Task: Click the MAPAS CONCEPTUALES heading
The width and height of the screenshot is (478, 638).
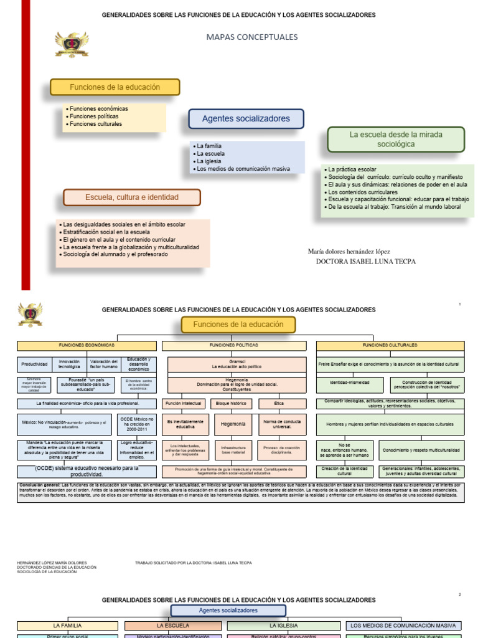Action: (x=252, y=37)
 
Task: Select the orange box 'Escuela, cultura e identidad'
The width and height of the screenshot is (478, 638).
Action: (x=132, y=198)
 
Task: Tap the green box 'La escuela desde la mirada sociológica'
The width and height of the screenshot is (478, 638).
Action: (x=396, y=140)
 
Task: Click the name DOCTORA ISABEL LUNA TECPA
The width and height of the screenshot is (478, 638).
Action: (x=366, y=262)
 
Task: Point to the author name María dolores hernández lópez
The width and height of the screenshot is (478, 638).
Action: (x=349, y=251)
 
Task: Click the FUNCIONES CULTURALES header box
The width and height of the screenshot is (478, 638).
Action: (x=390, y=345)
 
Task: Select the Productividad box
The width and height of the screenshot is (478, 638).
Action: (x=34, y=364)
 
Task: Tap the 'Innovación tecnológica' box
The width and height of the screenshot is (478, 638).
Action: (x=69, y=364)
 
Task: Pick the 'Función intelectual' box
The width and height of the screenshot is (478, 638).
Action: (x=184, y=404)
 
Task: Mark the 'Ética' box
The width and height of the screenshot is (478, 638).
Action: (x=282, y=404)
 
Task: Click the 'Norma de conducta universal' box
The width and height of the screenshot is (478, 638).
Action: (x=282, y=424)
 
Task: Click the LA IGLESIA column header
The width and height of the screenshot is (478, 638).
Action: (x=283, y=625)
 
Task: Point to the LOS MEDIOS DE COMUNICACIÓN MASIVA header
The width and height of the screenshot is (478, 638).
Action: (x=403, y=625)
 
